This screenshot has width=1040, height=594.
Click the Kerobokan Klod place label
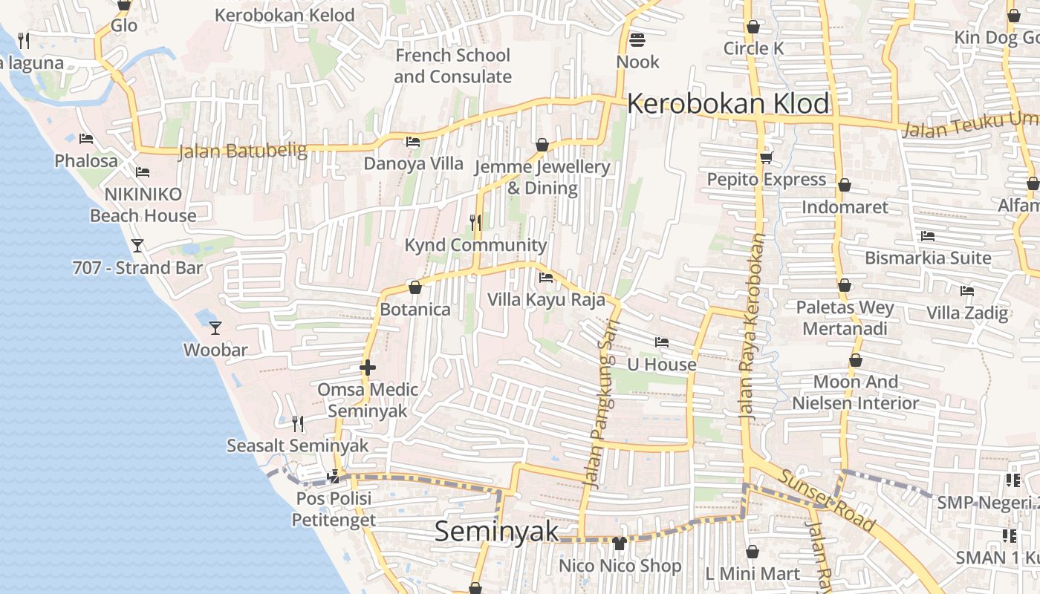pos(728,104)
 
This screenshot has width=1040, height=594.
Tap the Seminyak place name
pos(496,531)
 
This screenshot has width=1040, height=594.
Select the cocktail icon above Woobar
pos(215,327)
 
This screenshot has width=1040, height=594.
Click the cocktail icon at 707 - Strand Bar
pos(137,245)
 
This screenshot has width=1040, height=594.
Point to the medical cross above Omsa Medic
pos(367,368)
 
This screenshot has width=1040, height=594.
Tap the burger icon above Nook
pos(637,39)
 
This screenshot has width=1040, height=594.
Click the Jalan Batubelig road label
pos(242,151)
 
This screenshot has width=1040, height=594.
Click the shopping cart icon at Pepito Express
pos(766,157)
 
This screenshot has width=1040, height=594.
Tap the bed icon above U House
pos(661,342)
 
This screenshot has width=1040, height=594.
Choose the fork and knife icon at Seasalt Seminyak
pos(297,423)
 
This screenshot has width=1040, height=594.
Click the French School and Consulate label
pos(452,66)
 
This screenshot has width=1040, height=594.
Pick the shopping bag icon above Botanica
pos(415,287)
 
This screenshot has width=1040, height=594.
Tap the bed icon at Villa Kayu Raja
pos(546,278)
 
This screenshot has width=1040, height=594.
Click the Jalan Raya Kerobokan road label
pos(751,327)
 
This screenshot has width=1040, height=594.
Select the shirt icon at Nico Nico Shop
pos(620,544)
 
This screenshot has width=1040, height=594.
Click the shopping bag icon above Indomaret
pos(844,185)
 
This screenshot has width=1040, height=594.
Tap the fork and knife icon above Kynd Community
pos(475,222)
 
